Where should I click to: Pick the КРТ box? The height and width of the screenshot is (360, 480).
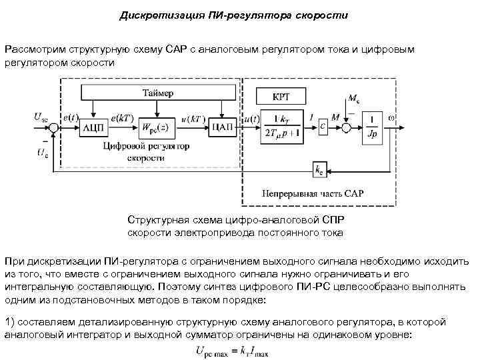point(281,96)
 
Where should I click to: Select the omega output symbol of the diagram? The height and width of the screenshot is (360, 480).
point(392,118)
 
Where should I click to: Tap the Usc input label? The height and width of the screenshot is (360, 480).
point(41,117)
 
